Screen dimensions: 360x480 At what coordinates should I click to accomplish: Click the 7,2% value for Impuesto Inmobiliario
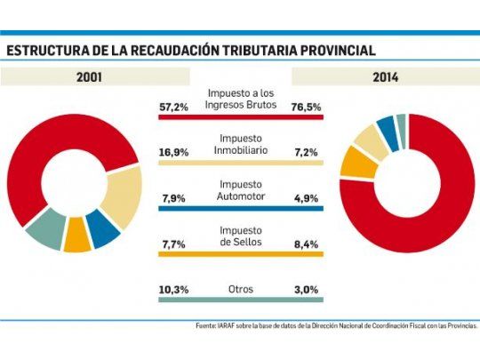click(x=307, y=152)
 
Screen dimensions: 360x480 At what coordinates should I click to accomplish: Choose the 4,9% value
click(x=307, y=197)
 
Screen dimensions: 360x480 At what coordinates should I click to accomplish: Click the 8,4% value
click(x=307, y=243)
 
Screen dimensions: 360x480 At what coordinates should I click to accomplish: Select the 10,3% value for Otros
click(x=172, y=290)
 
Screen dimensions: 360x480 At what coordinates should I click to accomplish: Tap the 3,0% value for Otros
click(x=307, y=290)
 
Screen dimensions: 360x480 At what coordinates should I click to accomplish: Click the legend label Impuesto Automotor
click(x=240, y=190)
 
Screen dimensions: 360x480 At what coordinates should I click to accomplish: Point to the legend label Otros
click(x=240, y=290)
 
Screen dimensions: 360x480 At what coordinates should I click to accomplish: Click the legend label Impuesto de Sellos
click(x=240, y=236)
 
